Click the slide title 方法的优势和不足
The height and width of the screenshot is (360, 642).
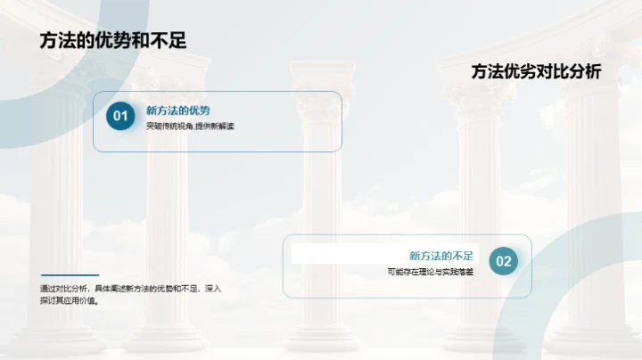tap(113, 40)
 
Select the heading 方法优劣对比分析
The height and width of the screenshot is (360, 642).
tap(536, 72)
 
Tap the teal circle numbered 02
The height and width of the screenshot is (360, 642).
tap(504, 261)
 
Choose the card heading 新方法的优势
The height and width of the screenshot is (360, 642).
tap(178, 110)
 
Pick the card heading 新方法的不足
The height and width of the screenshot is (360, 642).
tap(442, 255)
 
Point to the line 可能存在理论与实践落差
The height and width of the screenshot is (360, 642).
tap(431, 272)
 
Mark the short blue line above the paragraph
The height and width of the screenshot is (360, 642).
tap(70, 274)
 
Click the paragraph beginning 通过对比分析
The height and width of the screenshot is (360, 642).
tap(131, 294)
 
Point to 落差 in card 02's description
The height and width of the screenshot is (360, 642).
tap(465, 272)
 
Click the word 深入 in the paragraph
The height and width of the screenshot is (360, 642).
tap(212, 289)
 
